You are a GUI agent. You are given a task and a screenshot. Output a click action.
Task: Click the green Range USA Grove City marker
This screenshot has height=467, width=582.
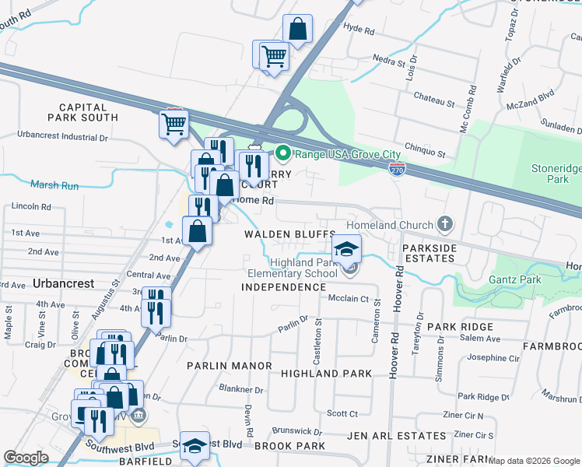coord(283,153)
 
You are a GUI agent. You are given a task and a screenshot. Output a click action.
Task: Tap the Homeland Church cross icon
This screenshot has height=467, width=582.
coord(445,225)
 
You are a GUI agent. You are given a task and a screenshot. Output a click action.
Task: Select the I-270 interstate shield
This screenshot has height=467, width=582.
coord(397,169)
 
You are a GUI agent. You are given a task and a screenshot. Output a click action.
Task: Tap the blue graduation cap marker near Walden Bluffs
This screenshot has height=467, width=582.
coord(346,249)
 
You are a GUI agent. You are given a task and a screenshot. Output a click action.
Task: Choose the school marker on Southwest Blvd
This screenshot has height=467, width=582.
coord(195,446)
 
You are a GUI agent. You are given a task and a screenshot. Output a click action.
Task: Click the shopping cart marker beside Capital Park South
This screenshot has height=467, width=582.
coord(174,123)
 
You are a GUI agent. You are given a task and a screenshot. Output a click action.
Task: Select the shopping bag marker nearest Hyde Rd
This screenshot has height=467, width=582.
coord(297,30)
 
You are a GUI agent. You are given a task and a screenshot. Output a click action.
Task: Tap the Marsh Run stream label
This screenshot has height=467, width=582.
coord(55,185)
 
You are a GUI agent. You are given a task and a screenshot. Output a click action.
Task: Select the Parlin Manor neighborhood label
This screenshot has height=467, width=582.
coord(229,365)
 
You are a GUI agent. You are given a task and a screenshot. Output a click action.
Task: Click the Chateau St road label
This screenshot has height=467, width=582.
coord(434,102)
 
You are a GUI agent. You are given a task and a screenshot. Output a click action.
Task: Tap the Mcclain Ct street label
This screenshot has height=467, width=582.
coord(348,298)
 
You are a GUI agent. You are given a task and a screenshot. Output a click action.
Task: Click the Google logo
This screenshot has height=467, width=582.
coord(26,458)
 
